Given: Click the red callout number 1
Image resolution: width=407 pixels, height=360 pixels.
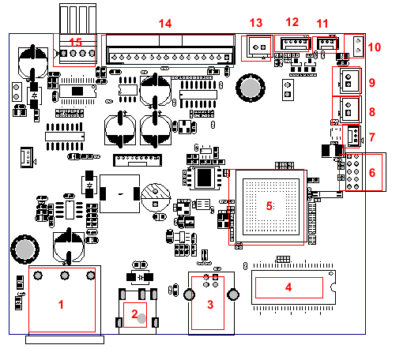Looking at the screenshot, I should pyautogui.click(x=62, y=302).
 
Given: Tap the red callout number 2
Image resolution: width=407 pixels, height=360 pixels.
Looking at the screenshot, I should pyautogui.click(x=134, y=314).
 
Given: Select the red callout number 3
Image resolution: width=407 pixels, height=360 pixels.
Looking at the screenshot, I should pyautogui.click(x=210, y=304).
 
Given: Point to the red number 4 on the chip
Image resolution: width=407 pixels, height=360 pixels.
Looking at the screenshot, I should pyautogui.click(x=288, y=287).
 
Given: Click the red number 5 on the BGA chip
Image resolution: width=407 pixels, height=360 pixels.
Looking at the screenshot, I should pyautogui.click(x=269, y=205).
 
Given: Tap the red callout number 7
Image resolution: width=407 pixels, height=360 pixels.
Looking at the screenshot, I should pyautogui.click(x=372, y=138).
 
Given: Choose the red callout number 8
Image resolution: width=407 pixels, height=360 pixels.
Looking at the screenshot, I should pyautogui.click(x=372, y=111).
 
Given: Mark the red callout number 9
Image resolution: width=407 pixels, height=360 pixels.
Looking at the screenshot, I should pyautogui.click(x=372, y=81).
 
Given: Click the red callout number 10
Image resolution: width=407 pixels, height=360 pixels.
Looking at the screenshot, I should pyautogui.click(x=375, y=47).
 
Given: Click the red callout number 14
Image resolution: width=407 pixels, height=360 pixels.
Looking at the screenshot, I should pyautogui.click(x=164, y=24).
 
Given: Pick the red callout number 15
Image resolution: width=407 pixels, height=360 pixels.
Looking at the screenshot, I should pyautogui.click(x=75, y=41).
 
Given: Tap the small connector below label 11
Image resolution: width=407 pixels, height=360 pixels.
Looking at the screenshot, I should pyautogui.click(x=326, y=44).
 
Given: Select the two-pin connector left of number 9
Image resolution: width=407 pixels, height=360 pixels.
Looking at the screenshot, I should pyautogui.click(x=346, y=80).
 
